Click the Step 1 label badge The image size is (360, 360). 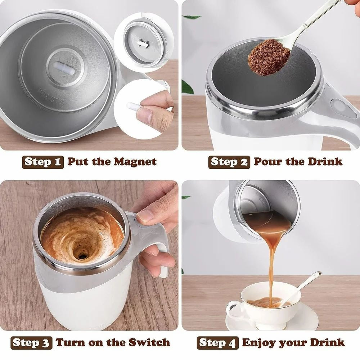pyautogui.click(x=43, y=162)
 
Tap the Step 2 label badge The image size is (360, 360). pyautogui.click(x=229, y=162)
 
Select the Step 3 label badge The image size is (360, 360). pyautogui.click(x=31, y=342)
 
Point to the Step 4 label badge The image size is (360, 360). pyautogui.click(x=217, y=342)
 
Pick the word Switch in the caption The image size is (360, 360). pyautogui.click(x=150, y=342)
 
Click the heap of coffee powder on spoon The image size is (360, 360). pyautogui.click(x=269, y=58)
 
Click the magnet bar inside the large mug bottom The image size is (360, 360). pyautogui.click(x=65, y=68)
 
